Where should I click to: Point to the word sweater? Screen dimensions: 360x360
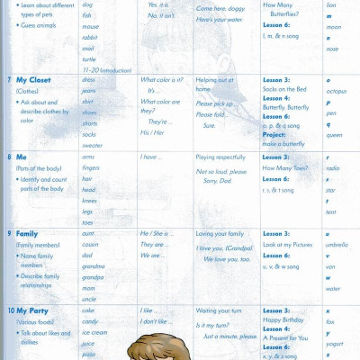(92, 145)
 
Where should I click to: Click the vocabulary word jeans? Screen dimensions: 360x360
(88, 91)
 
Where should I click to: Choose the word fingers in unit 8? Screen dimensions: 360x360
(91, 167)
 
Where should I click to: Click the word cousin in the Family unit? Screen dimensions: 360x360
(90, 244)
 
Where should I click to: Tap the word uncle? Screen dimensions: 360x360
(88, 298)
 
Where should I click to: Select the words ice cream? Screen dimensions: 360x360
(94, 332)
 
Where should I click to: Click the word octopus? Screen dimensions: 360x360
(336, 91)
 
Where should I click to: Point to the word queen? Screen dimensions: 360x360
(333, 135)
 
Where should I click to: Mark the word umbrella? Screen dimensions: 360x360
(337, 244)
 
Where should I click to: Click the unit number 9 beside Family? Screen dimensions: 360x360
(9, 233)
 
